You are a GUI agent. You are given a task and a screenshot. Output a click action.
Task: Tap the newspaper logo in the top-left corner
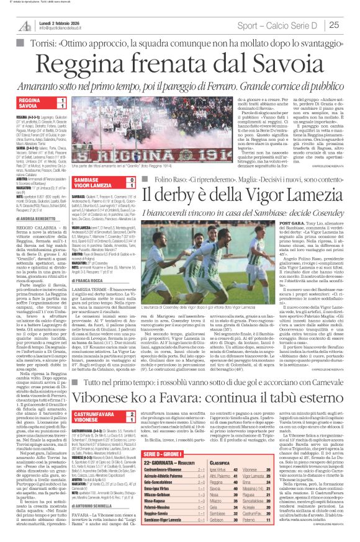click(24, 25)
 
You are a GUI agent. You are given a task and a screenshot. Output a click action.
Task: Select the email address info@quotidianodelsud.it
click(66, 28)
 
